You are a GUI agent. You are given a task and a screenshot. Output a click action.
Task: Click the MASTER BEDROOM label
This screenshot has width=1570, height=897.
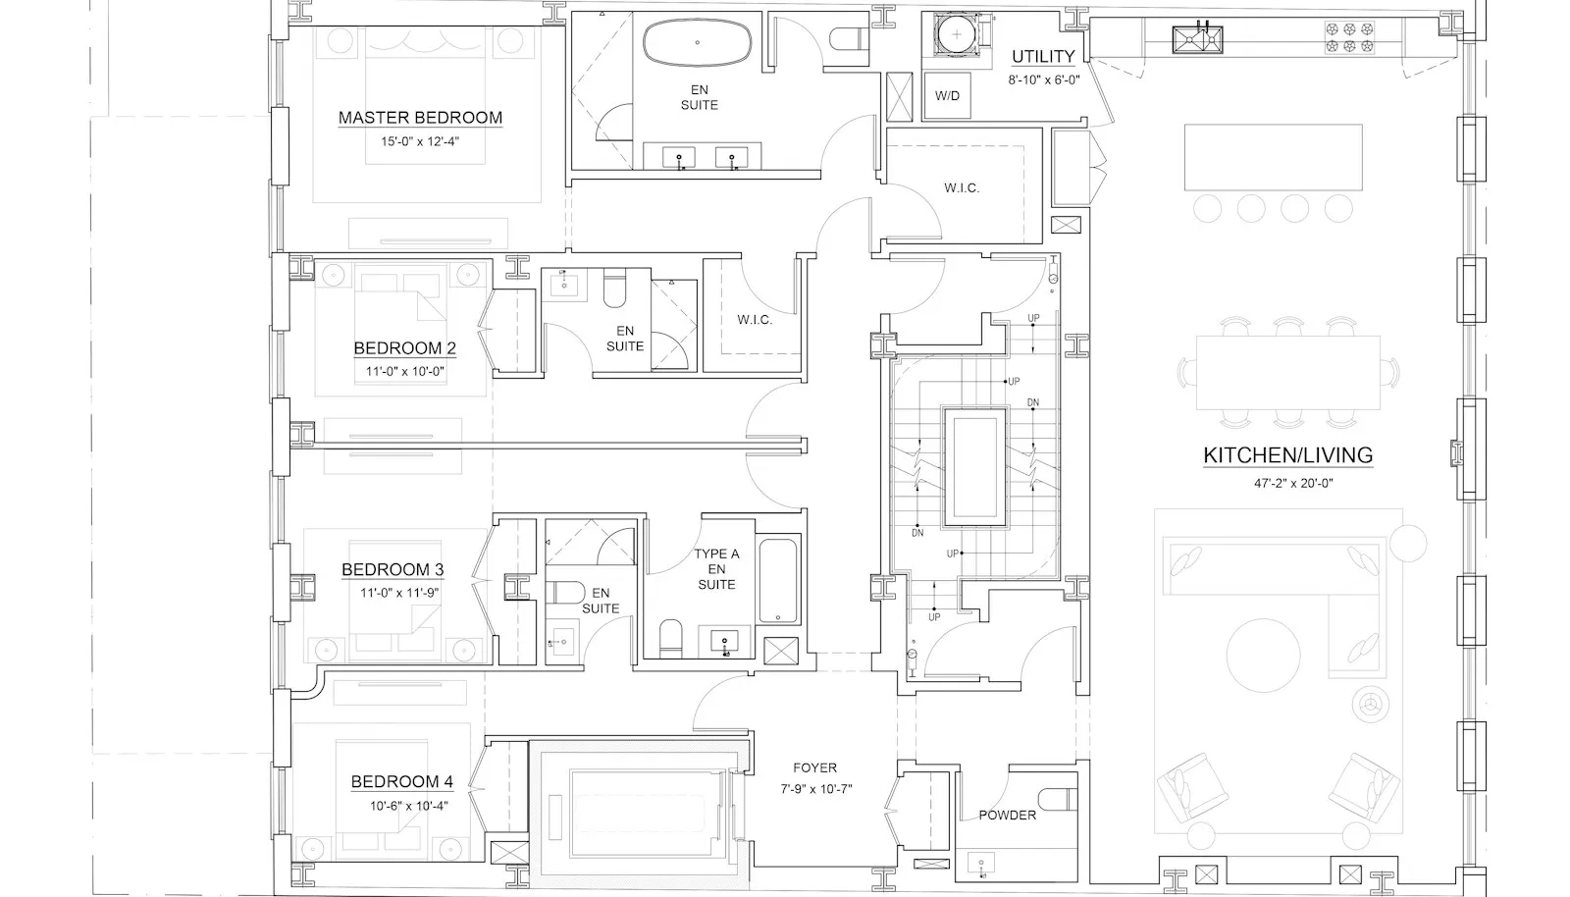(420, 118)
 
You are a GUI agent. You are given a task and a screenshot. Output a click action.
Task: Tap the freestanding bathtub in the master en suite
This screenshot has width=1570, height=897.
(698, 42)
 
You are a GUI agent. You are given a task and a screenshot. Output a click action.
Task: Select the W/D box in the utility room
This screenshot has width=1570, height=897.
(947, 96)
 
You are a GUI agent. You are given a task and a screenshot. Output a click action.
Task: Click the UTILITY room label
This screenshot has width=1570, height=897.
(1043, 56)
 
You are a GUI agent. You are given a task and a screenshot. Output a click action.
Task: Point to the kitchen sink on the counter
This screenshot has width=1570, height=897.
(1198, 39)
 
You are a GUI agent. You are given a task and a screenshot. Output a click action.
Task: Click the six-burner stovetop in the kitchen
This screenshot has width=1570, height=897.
(1349, 38)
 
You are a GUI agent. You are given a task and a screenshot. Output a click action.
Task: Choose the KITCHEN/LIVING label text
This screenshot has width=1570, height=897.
(1288, 455)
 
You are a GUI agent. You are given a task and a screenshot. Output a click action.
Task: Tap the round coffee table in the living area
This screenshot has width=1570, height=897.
(1263, 656)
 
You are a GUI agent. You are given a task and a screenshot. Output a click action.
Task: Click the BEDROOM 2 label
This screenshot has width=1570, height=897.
(404, 348)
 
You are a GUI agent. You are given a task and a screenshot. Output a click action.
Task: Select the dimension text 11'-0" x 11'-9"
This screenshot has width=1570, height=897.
(399, 593)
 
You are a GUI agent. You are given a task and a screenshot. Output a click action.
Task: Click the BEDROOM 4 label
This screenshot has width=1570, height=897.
(401, 782)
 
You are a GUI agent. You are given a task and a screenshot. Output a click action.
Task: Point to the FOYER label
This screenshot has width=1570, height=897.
(815, 768)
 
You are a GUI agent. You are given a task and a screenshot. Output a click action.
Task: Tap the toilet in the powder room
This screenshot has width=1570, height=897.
(1058, 799)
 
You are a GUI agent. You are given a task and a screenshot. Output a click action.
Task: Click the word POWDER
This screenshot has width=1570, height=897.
(1007, 815)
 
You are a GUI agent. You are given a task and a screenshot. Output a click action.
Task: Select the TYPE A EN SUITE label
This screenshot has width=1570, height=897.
(716, 569)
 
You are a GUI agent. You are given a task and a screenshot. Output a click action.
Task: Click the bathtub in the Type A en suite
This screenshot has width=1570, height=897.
(778, 581)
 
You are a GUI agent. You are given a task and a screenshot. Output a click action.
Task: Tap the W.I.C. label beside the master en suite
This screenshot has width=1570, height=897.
(962, 187)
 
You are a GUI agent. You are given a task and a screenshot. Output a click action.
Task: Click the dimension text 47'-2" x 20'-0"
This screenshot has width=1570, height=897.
(1294, 483)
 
